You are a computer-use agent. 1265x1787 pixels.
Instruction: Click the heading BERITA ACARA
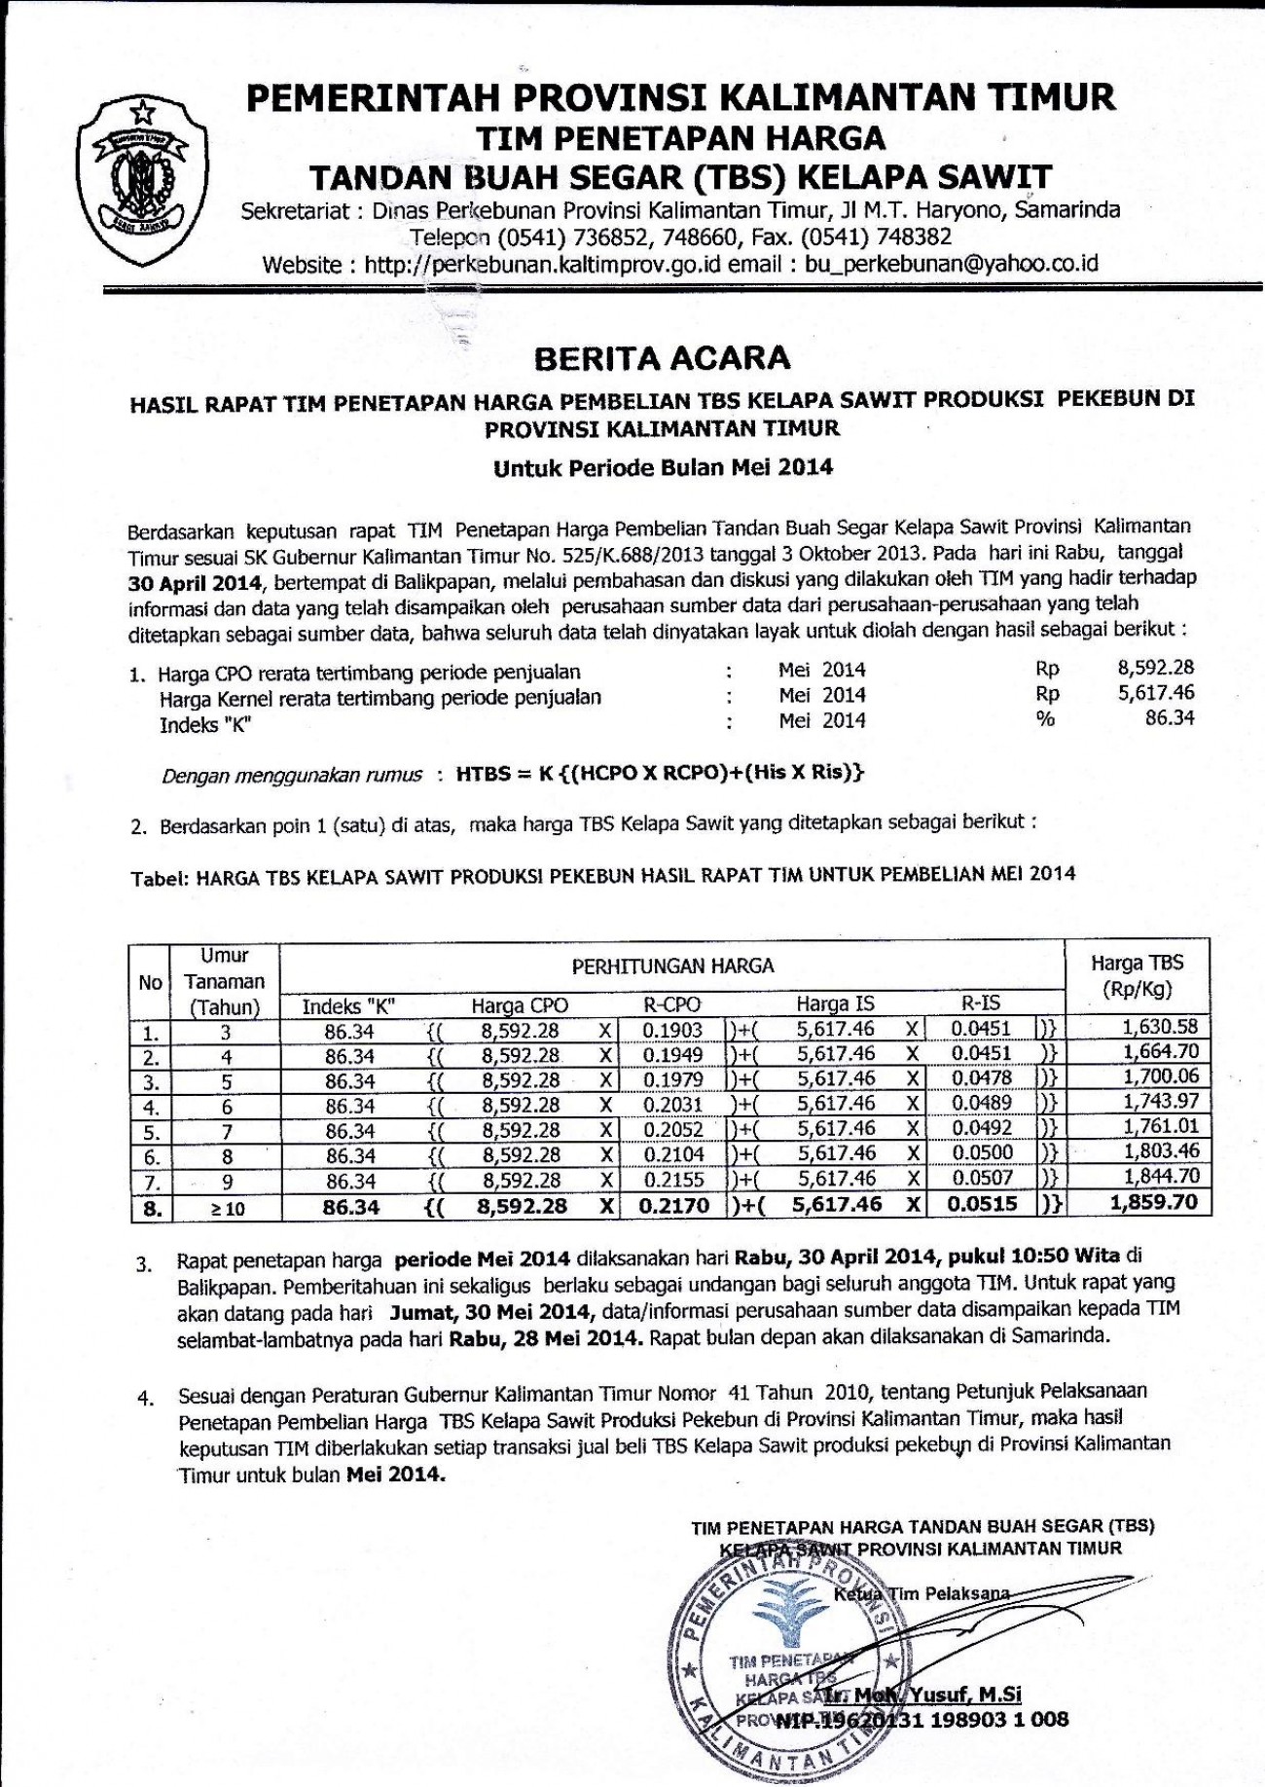coord(663,358)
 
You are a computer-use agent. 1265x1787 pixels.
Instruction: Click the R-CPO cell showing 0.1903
coord(673,1029)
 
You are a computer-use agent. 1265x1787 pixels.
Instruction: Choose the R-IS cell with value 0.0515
coord(982,1203)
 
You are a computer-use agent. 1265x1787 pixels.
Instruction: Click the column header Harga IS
coord(835,1004)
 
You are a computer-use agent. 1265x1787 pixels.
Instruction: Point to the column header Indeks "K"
coord(349,1006)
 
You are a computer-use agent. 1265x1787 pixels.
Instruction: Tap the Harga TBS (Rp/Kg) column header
coord(1137,976)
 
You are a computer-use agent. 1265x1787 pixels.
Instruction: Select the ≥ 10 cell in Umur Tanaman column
coord(224,1208)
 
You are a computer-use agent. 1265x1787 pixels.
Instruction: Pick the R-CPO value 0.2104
coord(673,1154)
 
